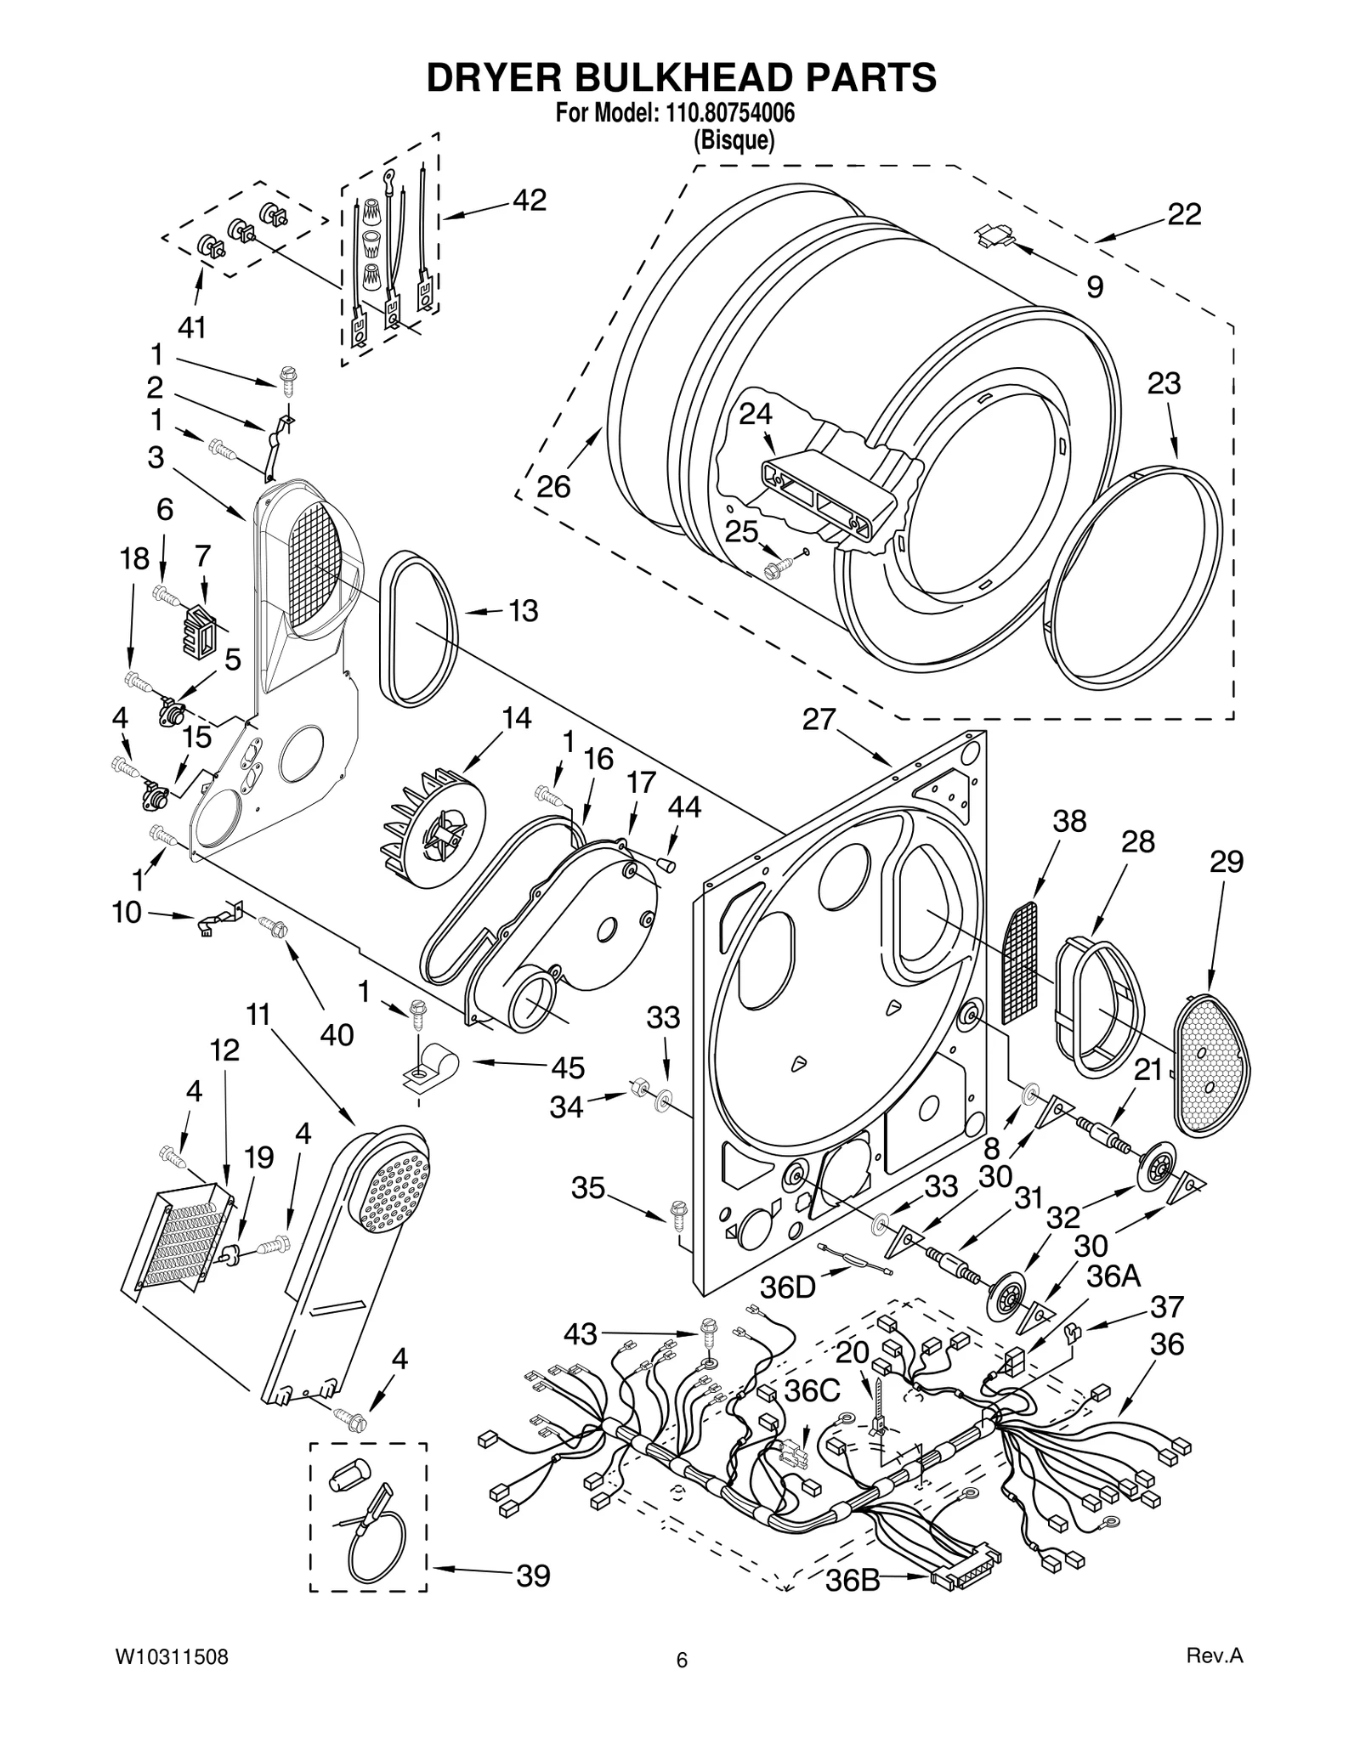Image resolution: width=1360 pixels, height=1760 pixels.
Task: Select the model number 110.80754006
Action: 726,113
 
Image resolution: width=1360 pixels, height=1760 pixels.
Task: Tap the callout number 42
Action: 529,201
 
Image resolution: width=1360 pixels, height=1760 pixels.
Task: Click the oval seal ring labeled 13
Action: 416,629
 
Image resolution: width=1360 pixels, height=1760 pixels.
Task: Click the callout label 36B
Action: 853,1582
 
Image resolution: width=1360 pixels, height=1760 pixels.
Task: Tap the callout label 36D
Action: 788,1287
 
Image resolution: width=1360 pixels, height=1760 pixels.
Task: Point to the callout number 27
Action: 819,720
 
